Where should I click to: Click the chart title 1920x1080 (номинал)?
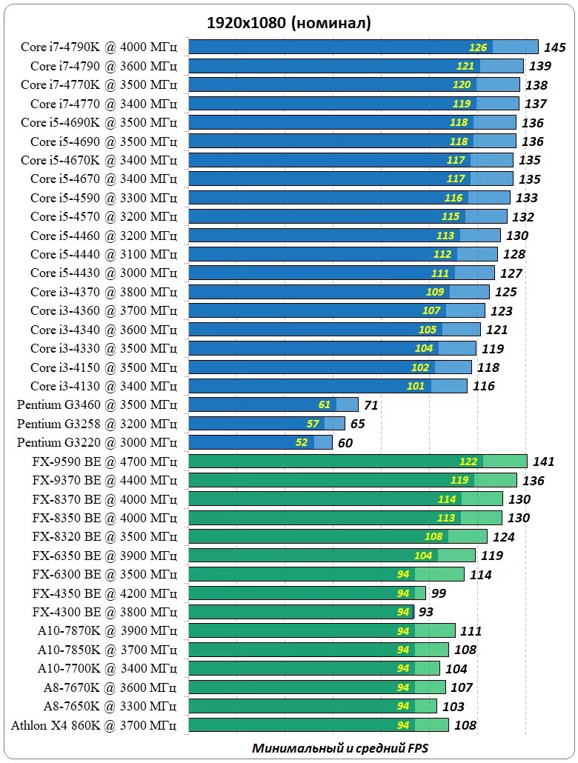[289, 24]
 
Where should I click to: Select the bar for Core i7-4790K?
[363, 47]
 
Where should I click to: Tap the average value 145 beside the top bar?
[554, 47]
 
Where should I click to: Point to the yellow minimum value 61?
[325, 404]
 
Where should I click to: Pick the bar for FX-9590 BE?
[358, 462]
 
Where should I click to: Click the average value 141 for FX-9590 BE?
[543, 462]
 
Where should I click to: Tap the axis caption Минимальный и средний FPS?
[340, 747]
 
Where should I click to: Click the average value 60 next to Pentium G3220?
[345, 443]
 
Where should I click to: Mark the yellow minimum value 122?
[468, 462]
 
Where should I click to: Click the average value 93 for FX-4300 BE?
[426, 613]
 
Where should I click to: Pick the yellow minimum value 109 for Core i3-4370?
[435, 292]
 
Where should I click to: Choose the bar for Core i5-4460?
[345, 236]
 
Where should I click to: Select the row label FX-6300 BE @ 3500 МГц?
[104, 574]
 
